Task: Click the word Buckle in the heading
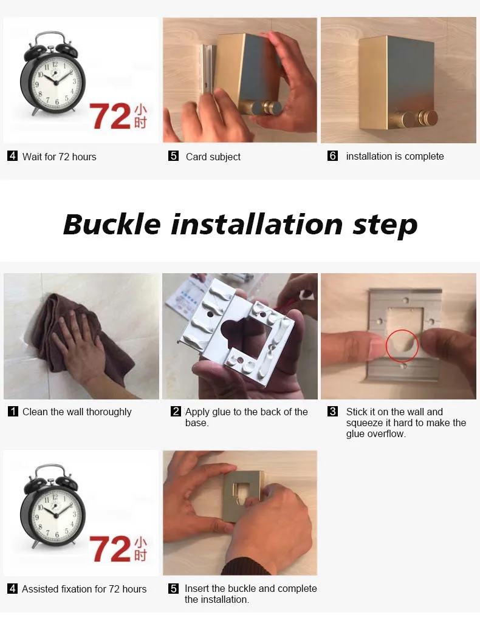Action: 112,224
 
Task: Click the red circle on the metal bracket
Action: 402,345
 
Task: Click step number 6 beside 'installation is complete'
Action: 332,156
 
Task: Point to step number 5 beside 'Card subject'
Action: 174,156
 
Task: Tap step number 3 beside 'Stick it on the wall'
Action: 332,412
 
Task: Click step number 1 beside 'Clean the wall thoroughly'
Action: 13,412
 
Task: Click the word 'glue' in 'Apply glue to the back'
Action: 222,412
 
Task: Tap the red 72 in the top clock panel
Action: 110,117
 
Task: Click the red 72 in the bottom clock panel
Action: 110,548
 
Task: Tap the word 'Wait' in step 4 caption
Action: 32,157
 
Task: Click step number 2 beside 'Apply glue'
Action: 176,412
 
